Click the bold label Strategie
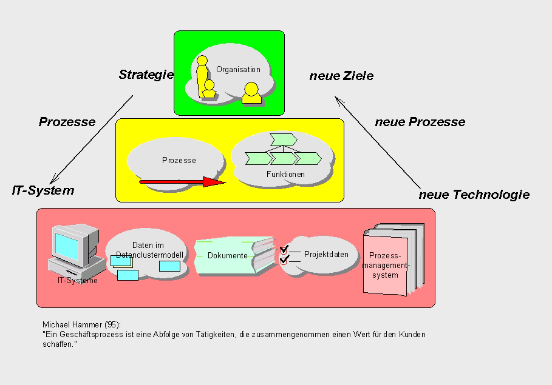click(x=146, y=75)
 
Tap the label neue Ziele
click(x=341, y=76)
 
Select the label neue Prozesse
click(x=420, y=122)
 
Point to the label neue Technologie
click(x=474, y=195)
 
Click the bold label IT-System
click(x=43, y=190)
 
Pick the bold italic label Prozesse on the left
click(x=67, y=122)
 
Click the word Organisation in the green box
click(x=238, y=70)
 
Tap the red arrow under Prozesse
click(x=182, y=181)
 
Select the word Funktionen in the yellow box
click(x=285, y=175)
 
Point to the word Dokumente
click(x=227, y=256)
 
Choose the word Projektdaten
click(x=326, y=254)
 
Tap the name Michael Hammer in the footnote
click(x=70, y=326)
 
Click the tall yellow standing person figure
click(x=202, y=76)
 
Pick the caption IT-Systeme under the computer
click(x=78, y=280)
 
